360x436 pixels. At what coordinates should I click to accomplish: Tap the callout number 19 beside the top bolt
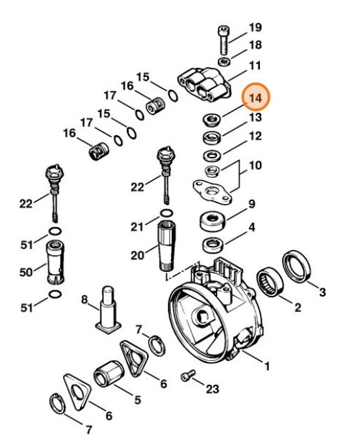tap(255, 27)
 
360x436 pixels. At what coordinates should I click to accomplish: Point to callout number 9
tap(251, 205)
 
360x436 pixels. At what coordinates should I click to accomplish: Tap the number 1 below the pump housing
tap(266, 366)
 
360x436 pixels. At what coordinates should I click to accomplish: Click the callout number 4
tap(251, 228)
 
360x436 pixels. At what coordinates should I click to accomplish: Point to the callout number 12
tap(255, 135)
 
